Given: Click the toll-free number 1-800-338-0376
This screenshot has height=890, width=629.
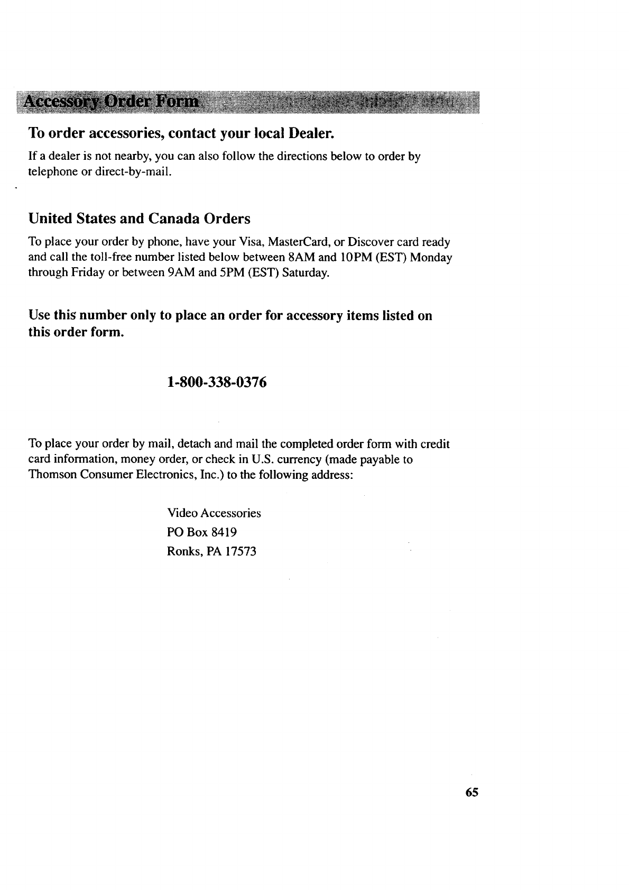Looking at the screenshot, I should point(216,382).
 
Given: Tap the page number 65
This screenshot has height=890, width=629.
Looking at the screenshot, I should point(472,792).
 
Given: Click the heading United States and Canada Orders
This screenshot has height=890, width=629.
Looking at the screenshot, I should point(139,219).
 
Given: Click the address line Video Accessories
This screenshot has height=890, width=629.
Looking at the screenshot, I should point(214,513).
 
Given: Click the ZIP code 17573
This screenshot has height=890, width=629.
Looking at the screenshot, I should point(240,552).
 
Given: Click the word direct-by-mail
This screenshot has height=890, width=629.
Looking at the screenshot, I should point(134,172).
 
